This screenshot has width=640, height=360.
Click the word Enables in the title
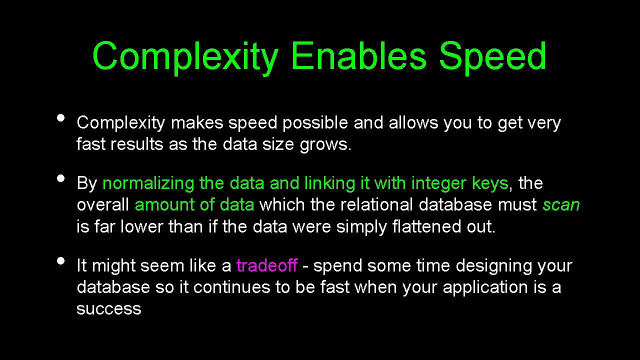point(357,56)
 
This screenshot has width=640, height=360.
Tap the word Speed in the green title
point(492,56)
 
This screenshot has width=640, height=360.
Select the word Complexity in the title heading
point(185,56)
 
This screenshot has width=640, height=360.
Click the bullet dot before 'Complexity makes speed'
point(61,118)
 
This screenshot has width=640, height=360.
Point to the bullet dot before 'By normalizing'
point(61,178)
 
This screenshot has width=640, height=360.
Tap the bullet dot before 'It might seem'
point(61,260)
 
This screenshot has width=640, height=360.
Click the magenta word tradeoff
point(267,265)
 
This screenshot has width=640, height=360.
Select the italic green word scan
point(561,205)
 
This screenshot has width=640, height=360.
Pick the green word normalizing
point(148,183)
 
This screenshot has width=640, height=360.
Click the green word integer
point(439,183)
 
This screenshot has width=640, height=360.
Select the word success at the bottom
point(109,309)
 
